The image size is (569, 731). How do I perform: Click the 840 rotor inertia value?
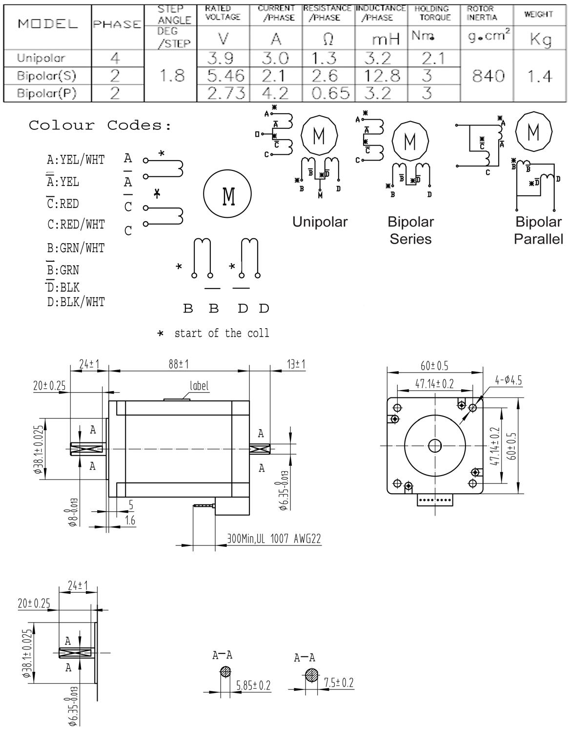click(488, 76)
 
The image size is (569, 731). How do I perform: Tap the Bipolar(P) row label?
click(47, 93)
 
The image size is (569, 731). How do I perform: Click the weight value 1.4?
click(539, 76)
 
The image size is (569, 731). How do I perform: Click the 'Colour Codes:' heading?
click(100, 125)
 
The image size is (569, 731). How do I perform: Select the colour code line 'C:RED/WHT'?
click(76, 224)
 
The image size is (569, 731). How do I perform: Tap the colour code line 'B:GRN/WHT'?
click(76, 248)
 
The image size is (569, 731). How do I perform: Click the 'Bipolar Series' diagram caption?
click(410, 230)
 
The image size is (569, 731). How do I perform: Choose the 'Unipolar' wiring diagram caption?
click(320, 222)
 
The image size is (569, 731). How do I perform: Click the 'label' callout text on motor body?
click(199, 386)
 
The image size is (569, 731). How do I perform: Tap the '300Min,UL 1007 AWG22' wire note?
click(274, 539)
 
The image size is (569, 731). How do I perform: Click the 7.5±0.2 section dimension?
click(338, 683)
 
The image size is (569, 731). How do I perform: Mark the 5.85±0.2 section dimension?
click(253, 685)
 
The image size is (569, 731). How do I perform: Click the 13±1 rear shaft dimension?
click(296, 364)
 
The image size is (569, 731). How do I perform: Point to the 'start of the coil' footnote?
click(221, 333)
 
